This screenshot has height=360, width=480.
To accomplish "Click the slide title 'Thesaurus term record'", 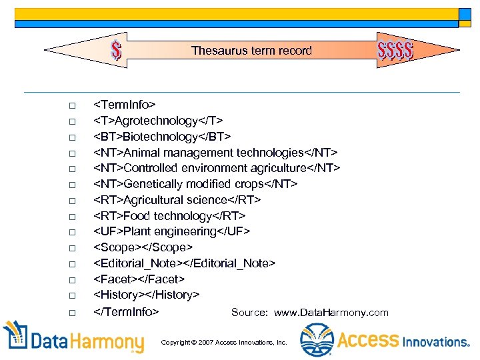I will [251, 51].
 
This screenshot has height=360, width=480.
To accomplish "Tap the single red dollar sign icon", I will [117, 50].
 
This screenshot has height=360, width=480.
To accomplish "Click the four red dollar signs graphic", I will [395, 49].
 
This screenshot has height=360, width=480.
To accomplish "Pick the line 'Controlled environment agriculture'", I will [217, 168].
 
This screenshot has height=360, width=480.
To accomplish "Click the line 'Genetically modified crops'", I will [195, 184].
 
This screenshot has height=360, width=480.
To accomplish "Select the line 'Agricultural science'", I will [177, 200].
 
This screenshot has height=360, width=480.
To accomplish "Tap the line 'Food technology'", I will [169, 216].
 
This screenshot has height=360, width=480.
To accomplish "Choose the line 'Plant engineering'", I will [171, 231].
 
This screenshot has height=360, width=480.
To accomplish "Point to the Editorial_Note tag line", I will [183, 263].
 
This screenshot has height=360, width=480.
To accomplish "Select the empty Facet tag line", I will [139, 279].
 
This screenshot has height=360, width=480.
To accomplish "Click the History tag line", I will [146, 295].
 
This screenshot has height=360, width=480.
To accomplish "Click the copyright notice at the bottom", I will [224, 342].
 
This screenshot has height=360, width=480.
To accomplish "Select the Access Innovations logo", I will [385, 340].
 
